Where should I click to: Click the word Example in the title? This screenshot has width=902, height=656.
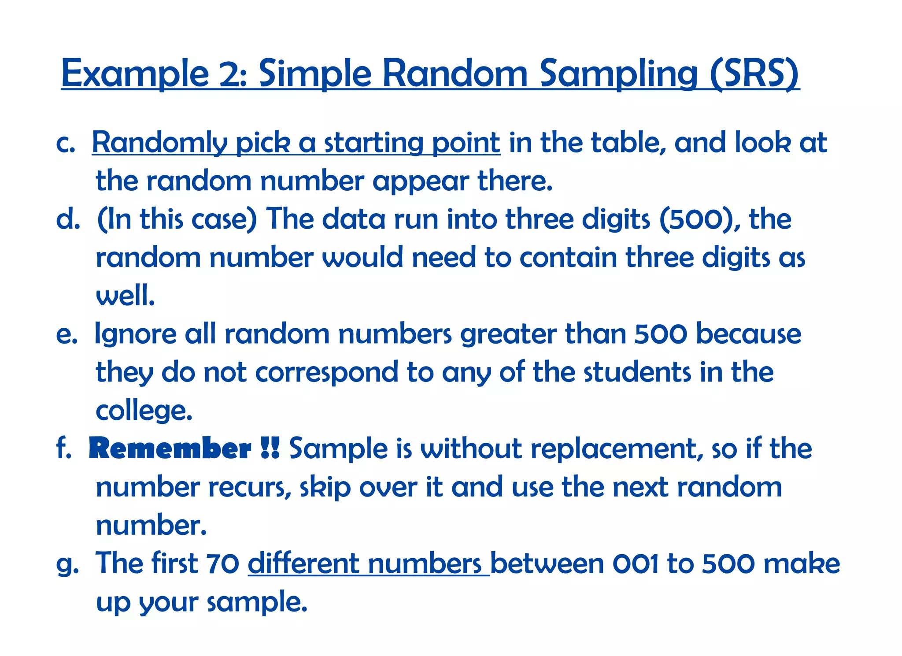(x=135, y=73)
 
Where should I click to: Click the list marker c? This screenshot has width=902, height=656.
(x=66, y=144)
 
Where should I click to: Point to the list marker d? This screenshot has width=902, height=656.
(x=68, y=219)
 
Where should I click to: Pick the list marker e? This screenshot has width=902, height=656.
(x=67, y=334)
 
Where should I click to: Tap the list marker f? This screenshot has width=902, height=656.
(x=64, y=448)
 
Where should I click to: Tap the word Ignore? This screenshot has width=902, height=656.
(x=136, y=334)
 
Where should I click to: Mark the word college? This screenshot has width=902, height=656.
(x=144, y=411)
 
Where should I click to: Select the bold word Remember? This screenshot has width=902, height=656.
(x=170, y=448)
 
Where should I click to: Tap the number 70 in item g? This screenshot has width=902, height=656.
(x=222, y=563)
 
